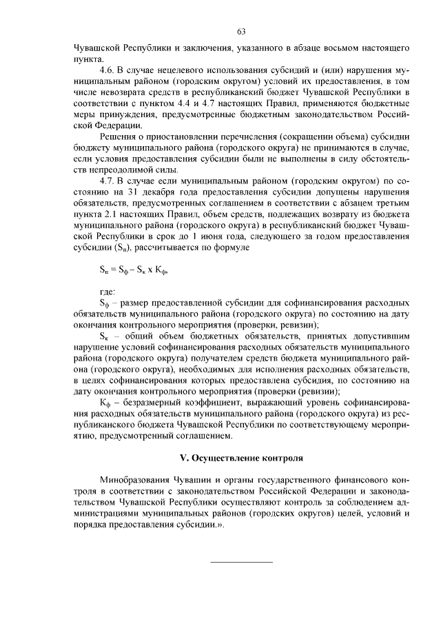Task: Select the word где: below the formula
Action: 107,293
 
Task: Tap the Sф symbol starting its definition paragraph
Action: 105,304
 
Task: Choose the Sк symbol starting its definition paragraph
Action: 104,337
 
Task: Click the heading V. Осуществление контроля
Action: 240,459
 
